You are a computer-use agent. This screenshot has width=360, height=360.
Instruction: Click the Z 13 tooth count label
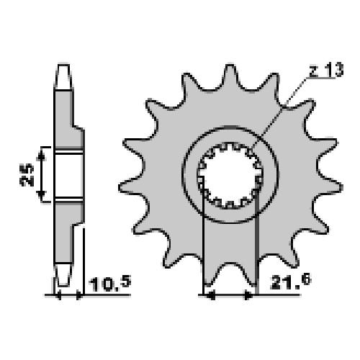pos(326,70)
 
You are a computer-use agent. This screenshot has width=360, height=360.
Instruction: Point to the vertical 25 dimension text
pos(27,174)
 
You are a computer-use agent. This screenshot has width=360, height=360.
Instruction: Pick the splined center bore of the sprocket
pos(230,176)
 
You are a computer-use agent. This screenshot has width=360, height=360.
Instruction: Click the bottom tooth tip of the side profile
pos(63,275)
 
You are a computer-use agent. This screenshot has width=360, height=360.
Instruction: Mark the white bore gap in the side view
pos(69,174)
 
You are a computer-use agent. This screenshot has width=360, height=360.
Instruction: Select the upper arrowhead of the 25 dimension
pos(41,156)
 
